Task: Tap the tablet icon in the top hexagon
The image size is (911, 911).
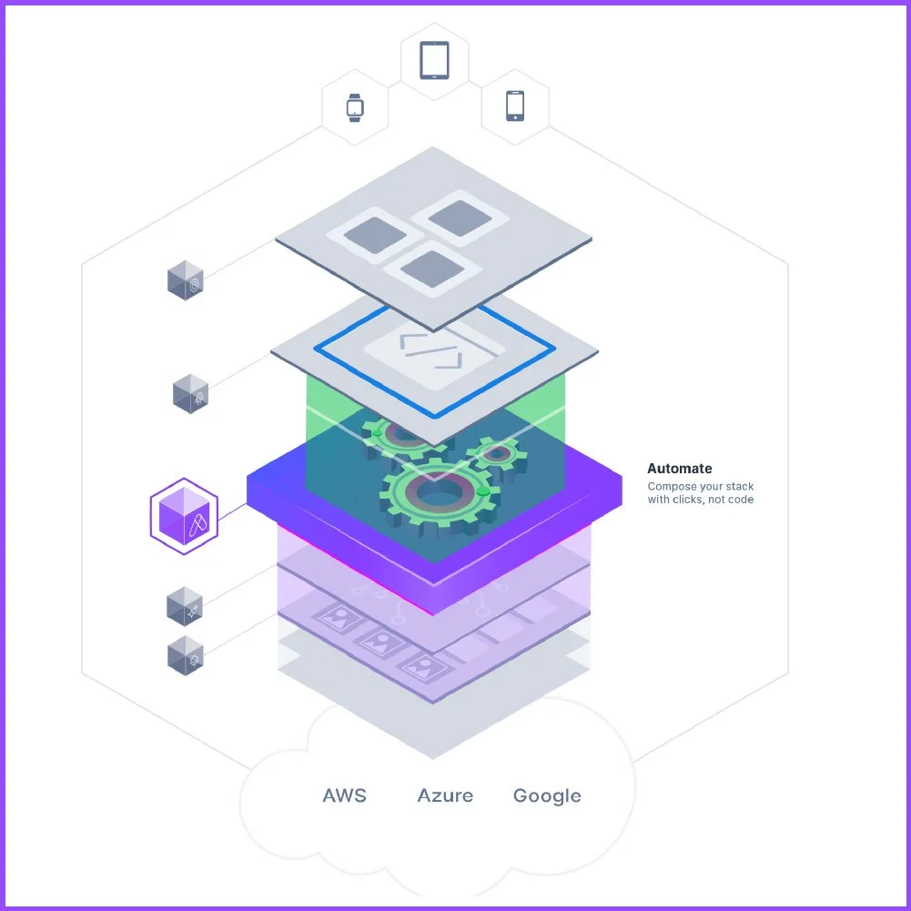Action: pyautogui.click(x=434, y=61)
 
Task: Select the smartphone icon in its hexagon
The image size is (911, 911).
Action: pyautogui.click(x=515, y=106)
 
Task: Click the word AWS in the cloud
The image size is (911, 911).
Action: pyautogui.click(x=344, y=795)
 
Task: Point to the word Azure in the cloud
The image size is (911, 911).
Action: pyautogui.click(x=445, y=795)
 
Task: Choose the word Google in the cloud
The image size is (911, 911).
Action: pyautogui.click(x=547, y=795)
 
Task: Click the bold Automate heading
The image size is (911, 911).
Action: pyautogui.click(x=679, y=469)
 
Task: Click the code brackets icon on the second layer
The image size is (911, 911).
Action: pyautogui.click(x=432, y=351)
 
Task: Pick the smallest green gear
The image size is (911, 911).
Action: pyautogui.click(x=496, y=452)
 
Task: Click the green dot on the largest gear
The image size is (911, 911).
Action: pyautogui.click(x=483, y=491)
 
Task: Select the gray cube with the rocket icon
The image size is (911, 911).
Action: pyautogui.click(x=191, y=393)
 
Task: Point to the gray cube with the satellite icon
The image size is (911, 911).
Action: pyautogui.click(x=185, y=606)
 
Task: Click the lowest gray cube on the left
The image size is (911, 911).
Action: pyautogui.click(x=185, y=654)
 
